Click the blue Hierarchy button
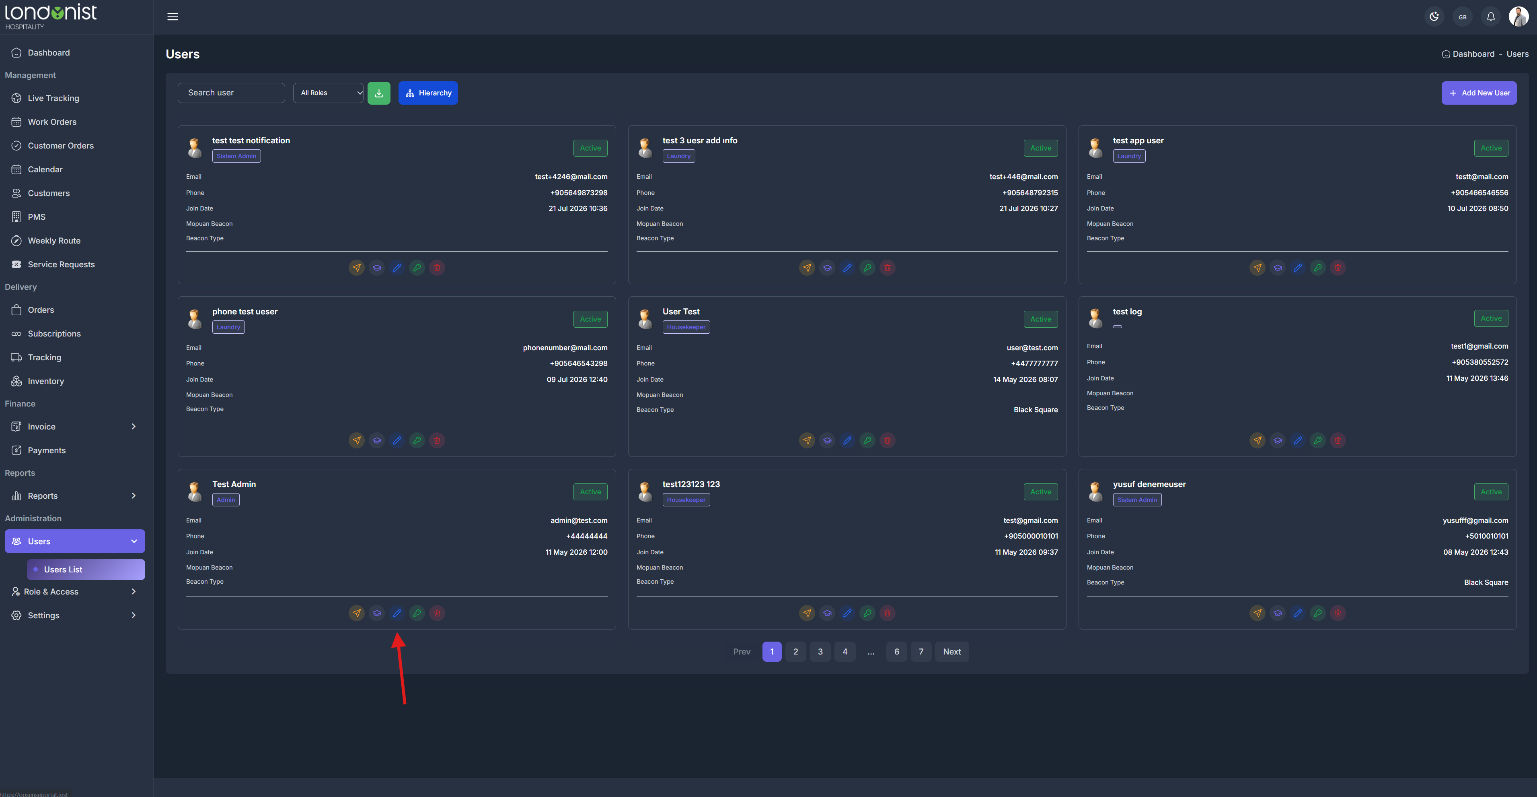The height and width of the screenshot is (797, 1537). tap(428, 93)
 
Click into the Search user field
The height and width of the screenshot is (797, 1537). tap(231, 93)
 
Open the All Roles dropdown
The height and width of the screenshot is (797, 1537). tap(328, 93)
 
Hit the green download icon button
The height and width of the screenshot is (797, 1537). tap(379, 93)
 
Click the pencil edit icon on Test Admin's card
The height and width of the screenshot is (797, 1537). tap(397, 613)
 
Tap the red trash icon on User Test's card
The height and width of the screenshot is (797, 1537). tap(887, 441)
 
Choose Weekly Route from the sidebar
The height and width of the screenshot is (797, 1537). tap(54, 241)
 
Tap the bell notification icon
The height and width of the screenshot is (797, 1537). tap(1490, 17)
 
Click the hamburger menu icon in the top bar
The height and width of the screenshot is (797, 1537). tap(173, 17)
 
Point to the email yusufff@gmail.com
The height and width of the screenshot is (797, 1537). tap(1475, 520)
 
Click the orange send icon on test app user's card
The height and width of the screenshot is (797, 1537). tap(1257, 268)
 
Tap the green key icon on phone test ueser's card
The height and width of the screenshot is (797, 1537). tap(417, 441)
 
